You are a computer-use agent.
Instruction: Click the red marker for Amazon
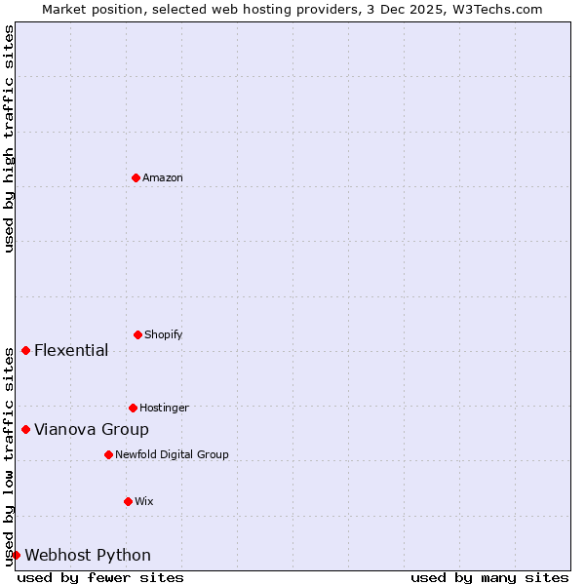click(136, 177)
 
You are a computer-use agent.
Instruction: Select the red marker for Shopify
click(137, 334)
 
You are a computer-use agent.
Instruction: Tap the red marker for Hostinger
click(133, 408)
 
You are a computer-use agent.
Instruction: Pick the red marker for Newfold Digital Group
click(108, 454)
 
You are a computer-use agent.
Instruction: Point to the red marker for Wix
click(128, 501)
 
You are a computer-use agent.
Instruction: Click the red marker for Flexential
click(25, 350)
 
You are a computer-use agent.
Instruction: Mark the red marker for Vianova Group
click(25, 429)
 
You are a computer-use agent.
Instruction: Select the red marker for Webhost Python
click(16, 555)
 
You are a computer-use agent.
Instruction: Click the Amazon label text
click(163, 177)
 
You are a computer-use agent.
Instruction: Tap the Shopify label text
click(164, 334)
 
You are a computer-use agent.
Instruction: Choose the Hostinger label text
click(164, 408)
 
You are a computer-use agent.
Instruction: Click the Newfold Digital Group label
click(172, 454)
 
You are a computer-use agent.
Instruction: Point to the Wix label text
click(144, 501)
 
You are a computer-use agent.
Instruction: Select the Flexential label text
click(71, 351)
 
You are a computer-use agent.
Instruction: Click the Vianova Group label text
click(92, 430)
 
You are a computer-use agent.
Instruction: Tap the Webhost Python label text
click(88, 556)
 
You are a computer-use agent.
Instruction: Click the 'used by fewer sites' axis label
click(100, 577)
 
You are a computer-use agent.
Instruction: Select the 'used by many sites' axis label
click(489, 577)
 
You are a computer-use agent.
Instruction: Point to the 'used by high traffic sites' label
click(9, 138)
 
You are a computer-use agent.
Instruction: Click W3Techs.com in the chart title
click(495, 9)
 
